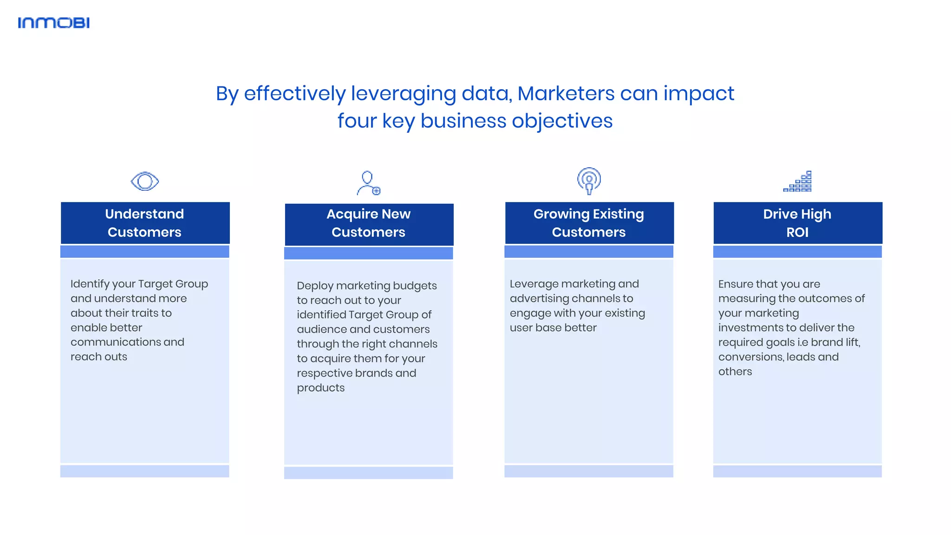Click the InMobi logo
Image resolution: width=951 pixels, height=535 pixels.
click(x=53, y=23)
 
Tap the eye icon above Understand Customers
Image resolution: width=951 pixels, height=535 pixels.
click(x=145, y=181)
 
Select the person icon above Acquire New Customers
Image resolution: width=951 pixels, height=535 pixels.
click(x=368, y=183)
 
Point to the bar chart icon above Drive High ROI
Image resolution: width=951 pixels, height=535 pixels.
click(x=797, y=182)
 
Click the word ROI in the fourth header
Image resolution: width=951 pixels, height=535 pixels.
click(x=797, y=232)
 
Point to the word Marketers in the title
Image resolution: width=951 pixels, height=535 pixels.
click(x=566, y=94)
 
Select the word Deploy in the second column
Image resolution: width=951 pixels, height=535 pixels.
click(x=314, y=286)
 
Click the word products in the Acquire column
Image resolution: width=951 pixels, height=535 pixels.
click(x=321, y=388)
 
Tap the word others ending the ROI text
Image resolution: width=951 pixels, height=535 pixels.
click(x=735, y=372)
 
